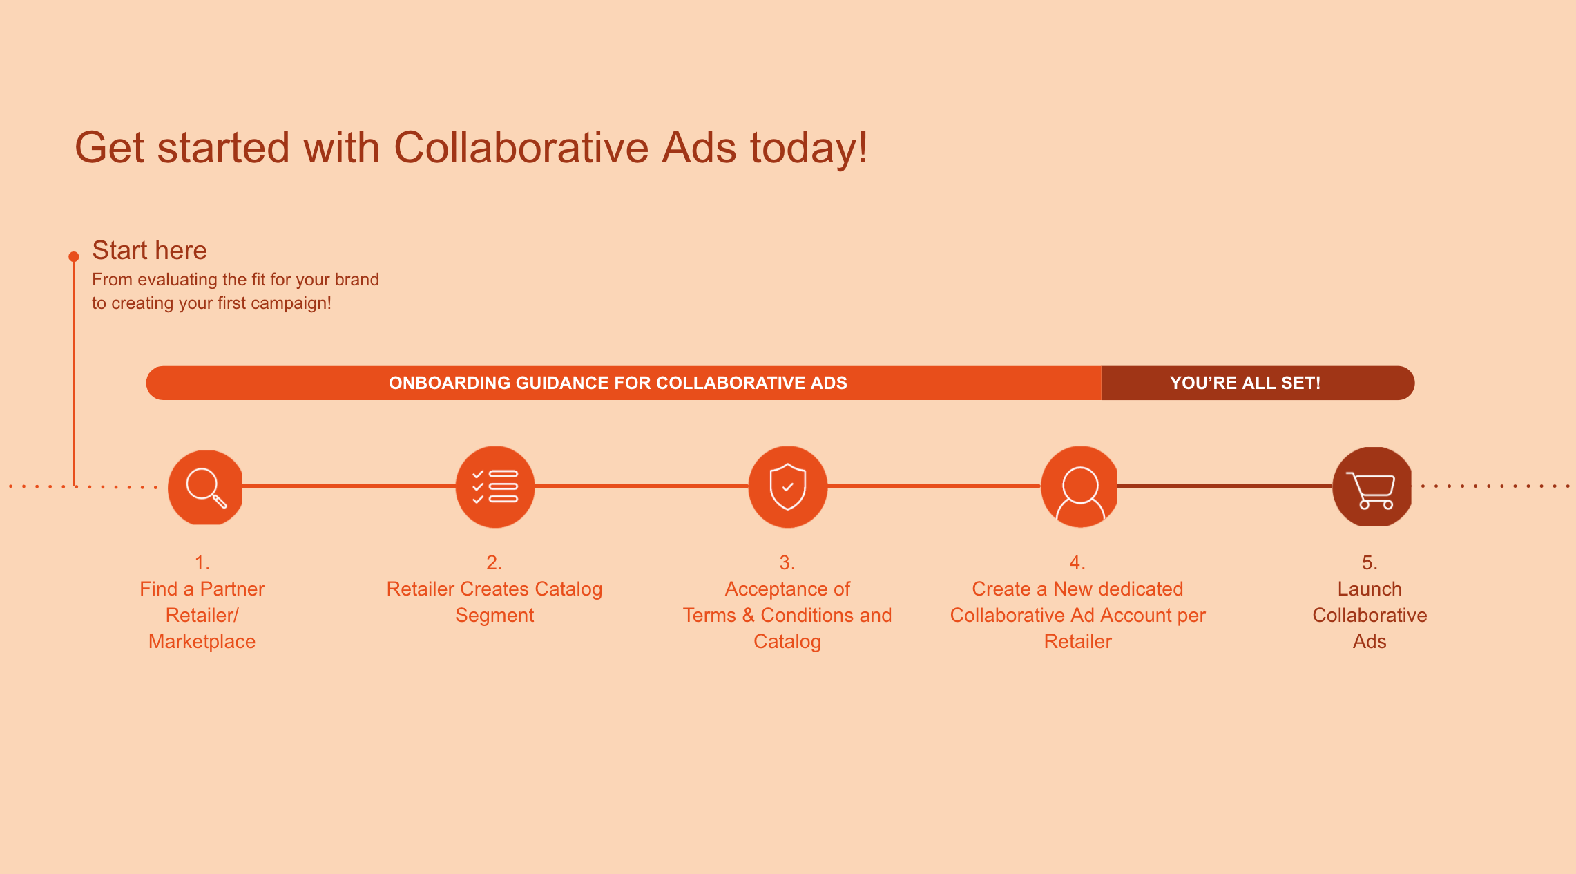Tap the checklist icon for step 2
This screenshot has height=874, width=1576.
point(495,487)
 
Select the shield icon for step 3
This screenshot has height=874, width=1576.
point(788,487)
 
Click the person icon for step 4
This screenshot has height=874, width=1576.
point(1080,487)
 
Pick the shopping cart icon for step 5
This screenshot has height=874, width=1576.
point(1372,487)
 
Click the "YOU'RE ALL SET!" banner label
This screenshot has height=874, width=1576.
point(1245,383)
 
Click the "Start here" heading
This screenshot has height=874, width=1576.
point(149,250)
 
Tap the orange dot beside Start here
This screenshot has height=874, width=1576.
point(74,257)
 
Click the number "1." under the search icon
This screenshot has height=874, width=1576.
point(202,562)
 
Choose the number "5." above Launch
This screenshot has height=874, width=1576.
point(1370,562)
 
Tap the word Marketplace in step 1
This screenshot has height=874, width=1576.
point(202,641)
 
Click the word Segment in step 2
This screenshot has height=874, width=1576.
point(494,616)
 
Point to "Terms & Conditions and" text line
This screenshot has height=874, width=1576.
point(787,615)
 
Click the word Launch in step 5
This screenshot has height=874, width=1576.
point(1370,589)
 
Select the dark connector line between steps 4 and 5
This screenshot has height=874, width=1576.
point(1225,486)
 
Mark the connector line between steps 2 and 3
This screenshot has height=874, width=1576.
point(642,486)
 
